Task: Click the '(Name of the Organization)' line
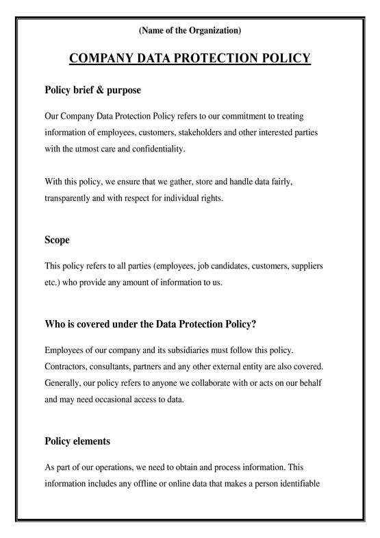pyautogui.click(x=190, y=30)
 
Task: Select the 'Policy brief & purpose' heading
pyautogui.click(x=92, y=90)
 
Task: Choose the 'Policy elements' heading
pyautogui.click(x=77, y=441)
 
